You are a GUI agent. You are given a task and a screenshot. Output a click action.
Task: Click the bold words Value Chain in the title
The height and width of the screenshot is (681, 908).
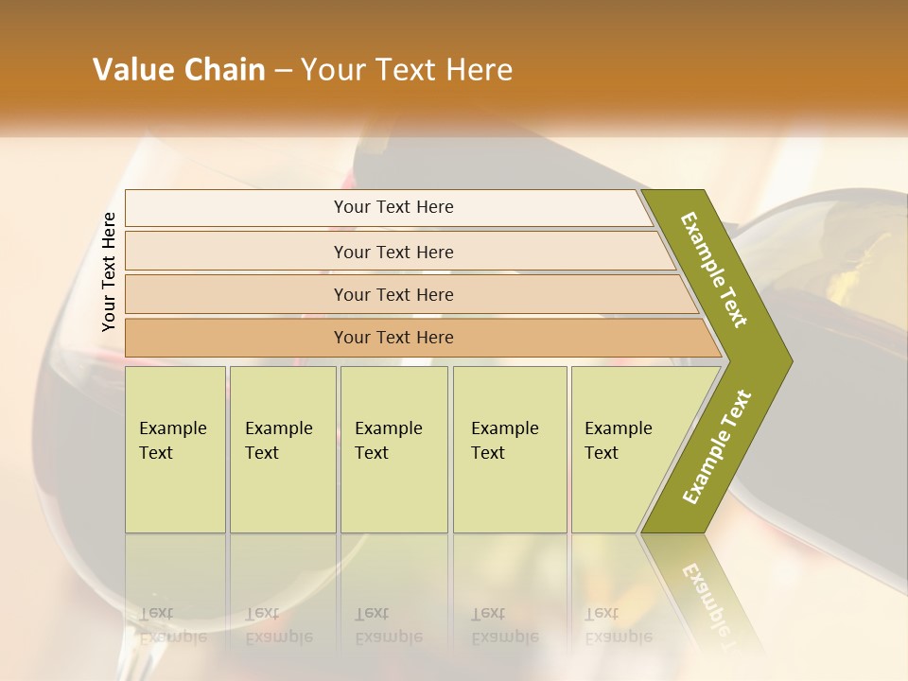click(179, 70)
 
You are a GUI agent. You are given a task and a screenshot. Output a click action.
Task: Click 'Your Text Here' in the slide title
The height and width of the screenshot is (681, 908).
click(407, 70)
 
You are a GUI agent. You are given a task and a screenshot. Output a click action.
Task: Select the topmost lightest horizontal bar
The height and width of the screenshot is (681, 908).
click(388, 207)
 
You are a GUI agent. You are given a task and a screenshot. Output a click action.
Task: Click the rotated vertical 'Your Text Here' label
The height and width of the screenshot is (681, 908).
click(109, 271)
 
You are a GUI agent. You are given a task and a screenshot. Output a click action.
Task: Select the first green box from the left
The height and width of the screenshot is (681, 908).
click(175, 449)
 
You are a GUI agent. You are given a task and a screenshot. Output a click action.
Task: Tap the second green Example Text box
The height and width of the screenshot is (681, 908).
click(283, 449)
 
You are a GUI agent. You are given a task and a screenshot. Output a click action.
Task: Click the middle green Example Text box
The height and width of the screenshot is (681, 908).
click(393, 449)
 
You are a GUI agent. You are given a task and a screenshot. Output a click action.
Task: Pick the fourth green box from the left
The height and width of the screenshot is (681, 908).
click(510, 449)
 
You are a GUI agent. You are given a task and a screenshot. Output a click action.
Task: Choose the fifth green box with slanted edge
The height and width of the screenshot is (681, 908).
click(624, 449)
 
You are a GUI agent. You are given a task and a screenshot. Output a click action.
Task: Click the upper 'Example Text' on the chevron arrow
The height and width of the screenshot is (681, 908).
click(714, 270)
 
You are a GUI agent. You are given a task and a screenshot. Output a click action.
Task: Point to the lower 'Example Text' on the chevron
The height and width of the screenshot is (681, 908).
click(716, 447)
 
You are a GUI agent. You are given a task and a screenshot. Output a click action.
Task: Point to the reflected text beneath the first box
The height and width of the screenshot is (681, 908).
click(172, 625)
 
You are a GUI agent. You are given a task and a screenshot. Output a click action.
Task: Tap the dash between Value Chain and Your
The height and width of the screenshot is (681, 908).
click(283, 71)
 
